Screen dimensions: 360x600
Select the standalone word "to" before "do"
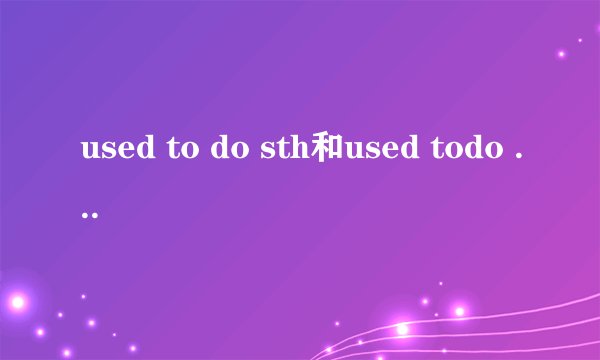172,153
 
